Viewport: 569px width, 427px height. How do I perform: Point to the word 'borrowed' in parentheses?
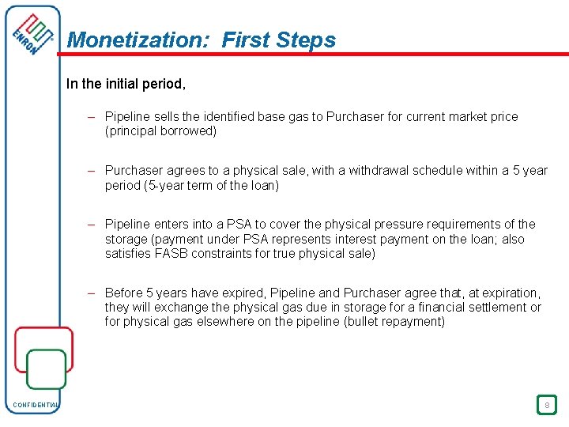[x=187, y=131]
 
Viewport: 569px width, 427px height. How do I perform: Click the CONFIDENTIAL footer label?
[x=35, y=406]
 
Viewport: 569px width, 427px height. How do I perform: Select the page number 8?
[x=545, y=405]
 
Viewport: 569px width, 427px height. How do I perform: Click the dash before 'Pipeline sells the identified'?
[x=92, y=117]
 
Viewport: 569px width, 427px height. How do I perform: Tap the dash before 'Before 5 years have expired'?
[x=92, y=293]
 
